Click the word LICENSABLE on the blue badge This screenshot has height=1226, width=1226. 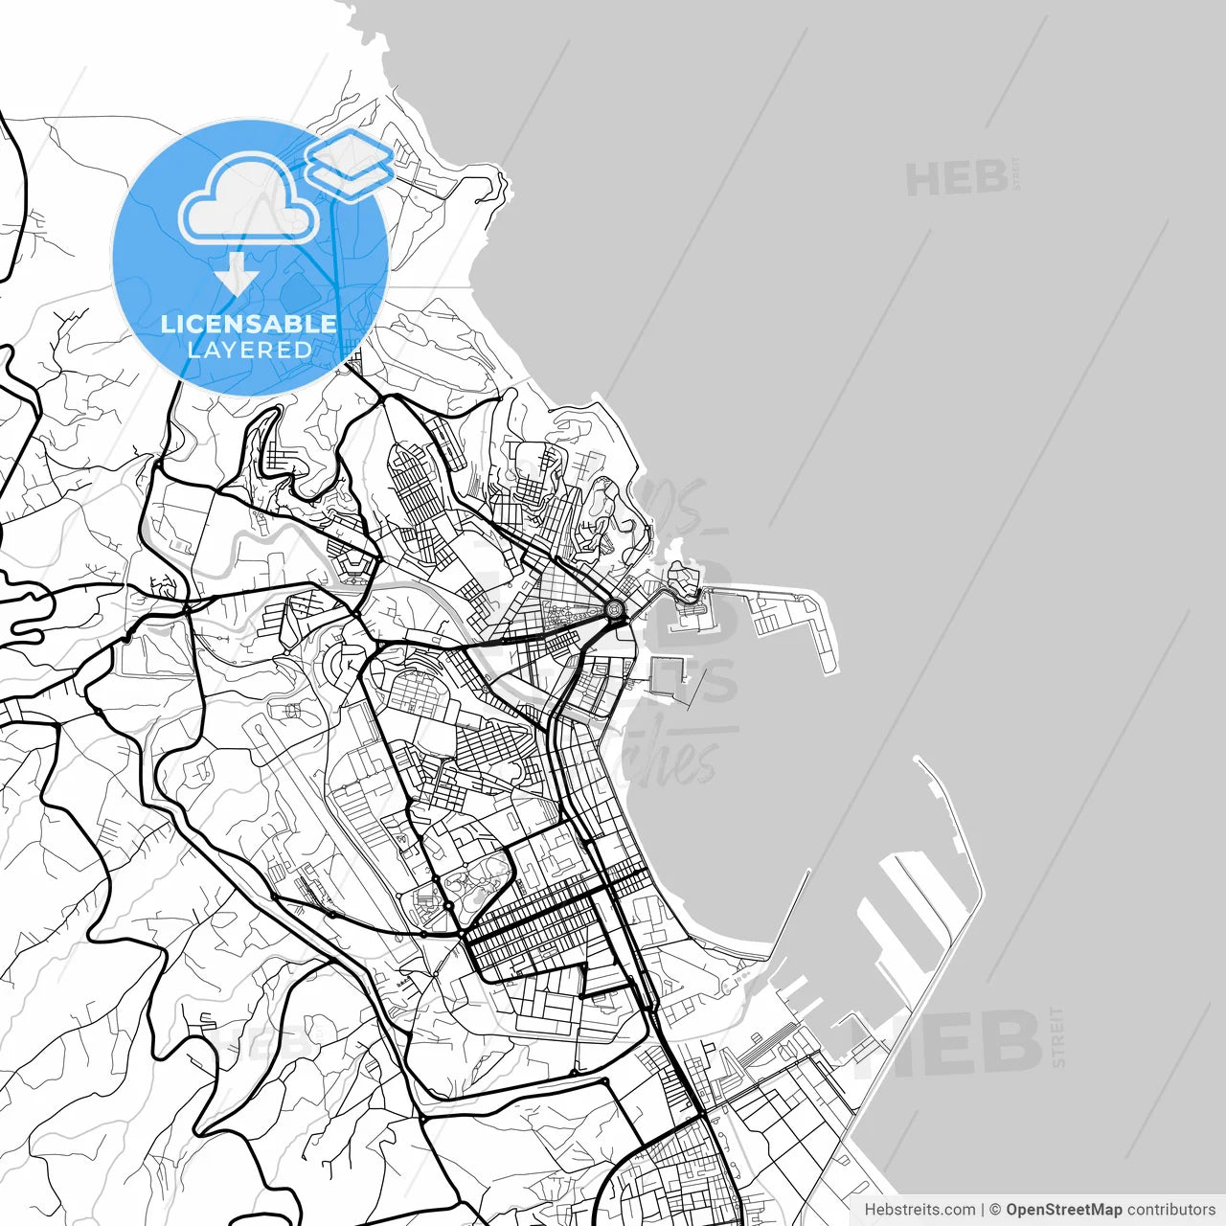click(x=249, y=324)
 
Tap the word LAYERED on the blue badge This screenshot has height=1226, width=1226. click(x=249, y=350)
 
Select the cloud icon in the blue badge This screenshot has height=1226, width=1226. click(x=249, y=199)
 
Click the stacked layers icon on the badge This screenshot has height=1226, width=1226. click(x=350, y=164)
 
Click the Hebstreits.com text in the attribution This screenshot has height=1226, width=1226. click(x=919, y=1210)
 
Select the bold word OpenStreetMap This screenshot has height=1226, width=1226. click(x=1064, y=1210)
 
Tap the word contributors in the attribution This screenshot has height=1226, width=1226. click(x=1170, y=1210)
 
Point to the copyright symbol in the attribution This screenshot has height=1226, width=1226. click(x=995, y=1210)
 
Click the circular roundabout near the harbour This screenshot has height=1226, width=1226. click(x=614, y=608)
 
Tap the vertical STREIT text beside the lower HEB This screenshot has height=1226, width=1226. click(x=1057, y=1036)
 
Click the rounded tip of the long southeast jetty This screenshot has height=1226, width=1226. click(x=920, y=761)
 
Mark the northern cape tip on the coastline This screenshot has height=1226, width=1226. click(x=501, y=177)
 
